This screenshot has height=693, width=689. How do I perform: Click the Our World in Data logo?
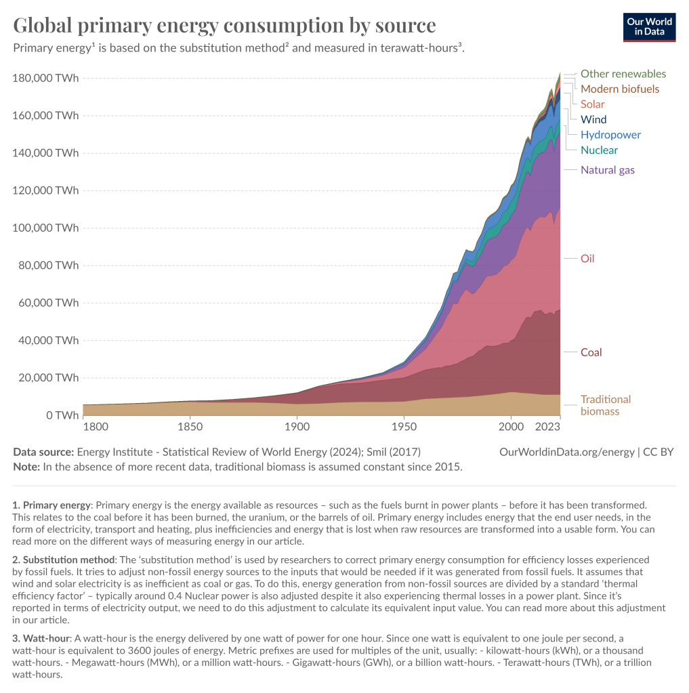pyautogui.click(x=649, y=26)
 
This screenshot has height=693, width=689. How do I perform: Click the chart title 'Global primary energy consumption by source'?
pyautogui.click(x=224, y=26)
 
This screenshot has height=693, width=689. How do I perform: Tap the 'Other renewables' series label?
pyautogui.click(x=623, y=74)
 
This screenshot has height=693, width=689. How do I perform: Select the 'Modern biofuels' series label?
pyautogui.click(x=620, y=89)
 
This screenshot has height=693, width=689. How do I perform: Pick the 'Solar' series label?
pyautogui.click(x=593, y=104)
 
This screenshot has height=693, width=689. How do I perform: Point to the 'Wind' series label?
pyautogui.click(x=593, y=119)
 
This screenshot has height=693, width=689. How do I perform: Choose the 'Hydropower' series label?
pyautogui.click(x=610, y=135)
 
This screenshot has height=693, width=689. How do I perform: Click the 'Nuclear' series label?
pyautogui.click(x=599, y=150)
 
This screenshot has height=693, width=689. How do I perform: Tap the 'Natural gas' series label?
pyautogui.click(x=608, y=170)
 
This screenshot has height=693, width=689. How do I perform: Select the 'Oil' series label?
pyautogui.click(x=587, y=259)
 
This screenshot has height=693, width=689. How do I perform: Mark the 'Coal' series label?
pyautogui.click(x=591, y=352)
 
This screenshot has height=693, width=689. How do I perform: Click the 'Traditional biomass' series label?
pyautogui.click(x=605, y=405)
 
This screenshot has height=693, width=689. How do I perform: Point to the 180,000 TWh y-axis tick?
pyautogui.click(x=45, y=78)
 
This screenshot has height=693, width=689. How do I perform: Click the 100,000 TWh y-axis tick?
pyautogui.click(x=45, y=228)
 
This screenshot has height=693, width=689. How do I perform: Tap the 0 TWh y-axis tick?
pyautogui.click(x=63, y=415)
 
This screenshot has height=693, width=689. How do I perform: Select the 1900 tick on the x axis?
pyautogui.click(x=297, y=427)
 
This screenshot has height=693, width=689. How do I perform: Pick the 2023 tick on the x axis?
pyautogui.click(x=547, y=427)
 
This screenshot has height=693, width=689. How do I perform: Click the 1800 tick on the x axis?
pyautogui.click(x=96, y=427)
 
